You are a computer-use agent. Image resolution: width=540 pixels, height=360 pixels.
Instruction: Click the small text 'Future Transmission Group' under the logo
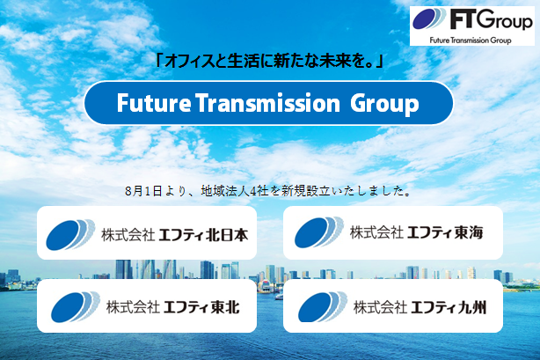coord(476,41)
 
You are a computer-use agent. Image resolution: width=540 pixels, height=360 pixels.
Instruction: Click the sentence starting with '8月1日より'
coord(269,189)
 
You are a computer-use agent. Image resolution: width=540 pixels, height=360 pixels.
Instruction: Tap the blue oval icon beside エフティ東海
coord(318,232)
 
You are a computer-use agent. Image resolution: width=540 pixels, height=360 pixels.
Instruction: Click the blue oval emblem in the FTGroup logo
coord(436,23)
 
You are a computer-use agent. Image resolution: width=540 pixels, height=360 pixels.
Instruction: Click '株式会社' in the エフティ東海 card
coord(376,232)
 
